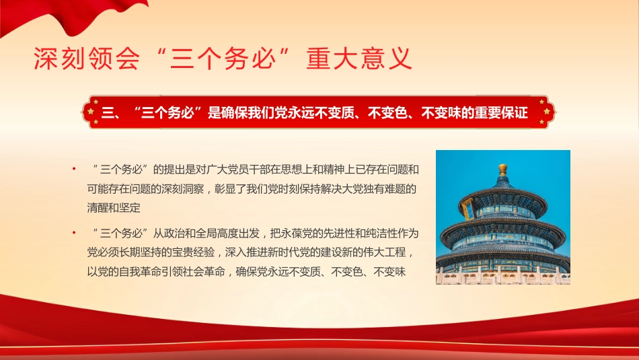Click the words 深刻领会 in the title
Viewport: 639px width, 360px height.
(x=87, y=59)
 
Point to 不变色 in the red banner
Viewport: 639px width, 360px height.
(x=389, y=113)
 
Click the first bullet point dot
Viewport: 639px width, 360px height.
(x=75, y=168)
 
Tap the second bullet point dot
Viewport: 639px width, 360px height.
(x=75, y=233)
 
